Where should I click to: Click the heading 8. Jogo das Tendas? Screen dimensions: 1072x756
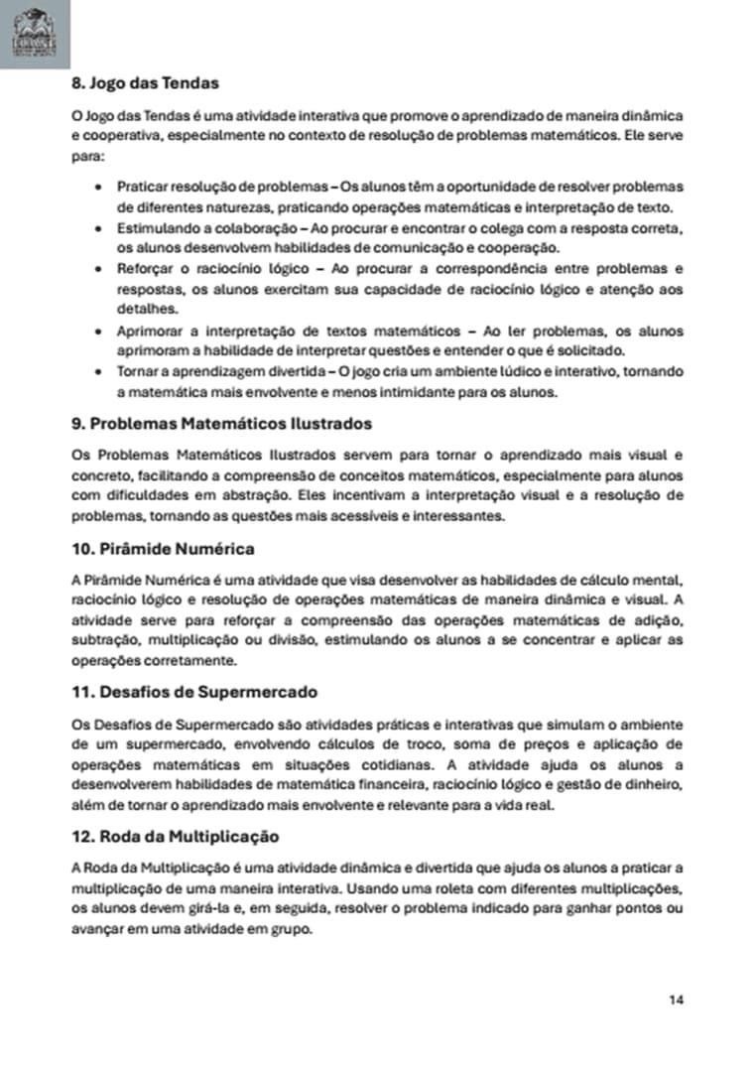145,82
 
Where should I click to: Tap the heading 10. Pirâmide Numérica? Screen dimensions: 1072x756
163,548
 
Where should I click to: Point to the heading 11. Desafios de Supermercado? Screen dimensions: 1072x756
194,692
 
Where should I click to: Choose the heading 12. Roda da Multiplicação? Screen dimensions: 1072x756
175,836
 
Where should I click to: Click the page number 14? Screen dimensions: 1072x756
676,999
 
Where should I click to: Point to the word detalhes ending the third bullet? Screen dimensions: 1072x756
141,310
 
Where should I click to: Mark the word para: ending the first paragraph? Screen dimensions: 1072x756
87,156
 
